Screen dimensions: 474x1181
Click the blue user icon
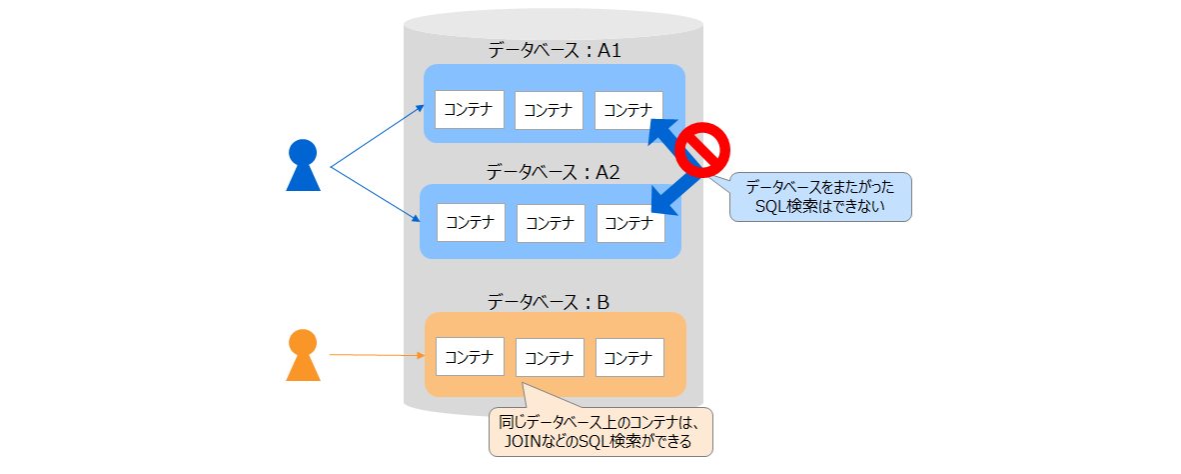click(303, 167)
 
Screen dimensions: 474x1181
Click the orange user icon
click(303, 356)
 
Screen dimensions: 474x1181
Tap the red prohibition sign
click(702, 149)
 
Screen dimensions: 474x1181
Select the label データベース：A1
click(555, 50)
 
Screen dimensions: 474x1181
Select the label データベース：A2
click(555, 171)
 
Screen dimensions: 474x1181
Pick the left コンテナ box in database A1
click(470, 109)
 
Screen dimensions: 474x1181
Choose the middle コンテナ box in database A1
click(549, 110)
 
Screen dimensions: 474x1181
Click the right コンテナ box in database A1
click(628, 110)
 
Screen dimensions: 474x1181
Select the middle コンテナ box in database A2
click(551, 223)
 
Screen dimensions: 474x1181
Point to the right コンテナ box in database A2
click(630, 223)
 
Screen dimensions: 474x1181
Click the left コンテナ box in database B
click(470, 357)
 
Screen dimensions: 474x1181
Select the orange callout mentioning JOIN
click(600, 431)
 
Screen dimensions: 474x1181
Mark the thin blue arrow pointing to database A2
click(377, 195)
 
